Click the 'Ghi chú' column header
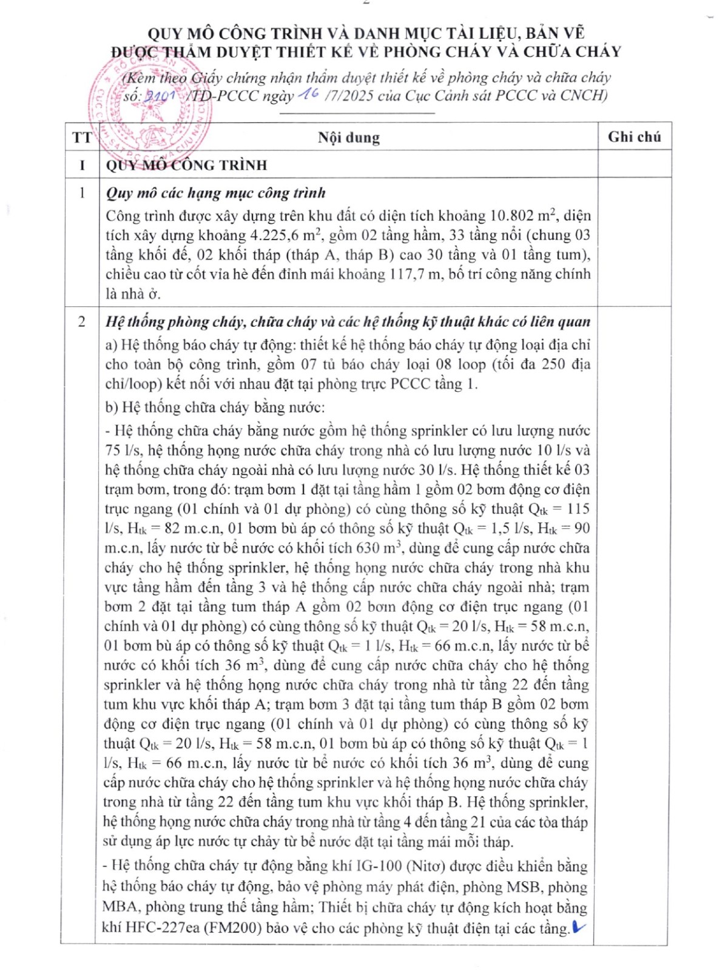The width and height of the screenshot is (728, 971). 634,137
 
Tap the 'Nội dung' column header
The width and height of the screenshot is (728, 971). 349,138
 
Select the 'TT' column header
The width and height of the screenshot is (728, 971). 81,138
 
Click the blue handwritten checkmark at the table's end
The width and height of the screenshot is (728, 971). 579,926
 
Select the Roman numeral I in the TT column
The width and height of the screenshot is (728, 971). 81,165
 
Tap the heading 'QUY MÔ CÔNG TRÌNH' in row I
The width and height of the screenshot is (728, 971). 186,165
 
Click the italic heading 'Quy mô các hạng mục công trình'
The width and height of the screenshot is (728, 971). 215,193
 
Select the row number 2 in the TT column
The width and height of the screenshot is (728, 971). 81,321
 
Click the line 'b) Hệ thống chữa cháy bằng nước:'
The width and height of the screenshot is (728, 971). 215,407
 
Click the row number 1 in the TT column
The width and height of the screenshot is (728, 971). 81,193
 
